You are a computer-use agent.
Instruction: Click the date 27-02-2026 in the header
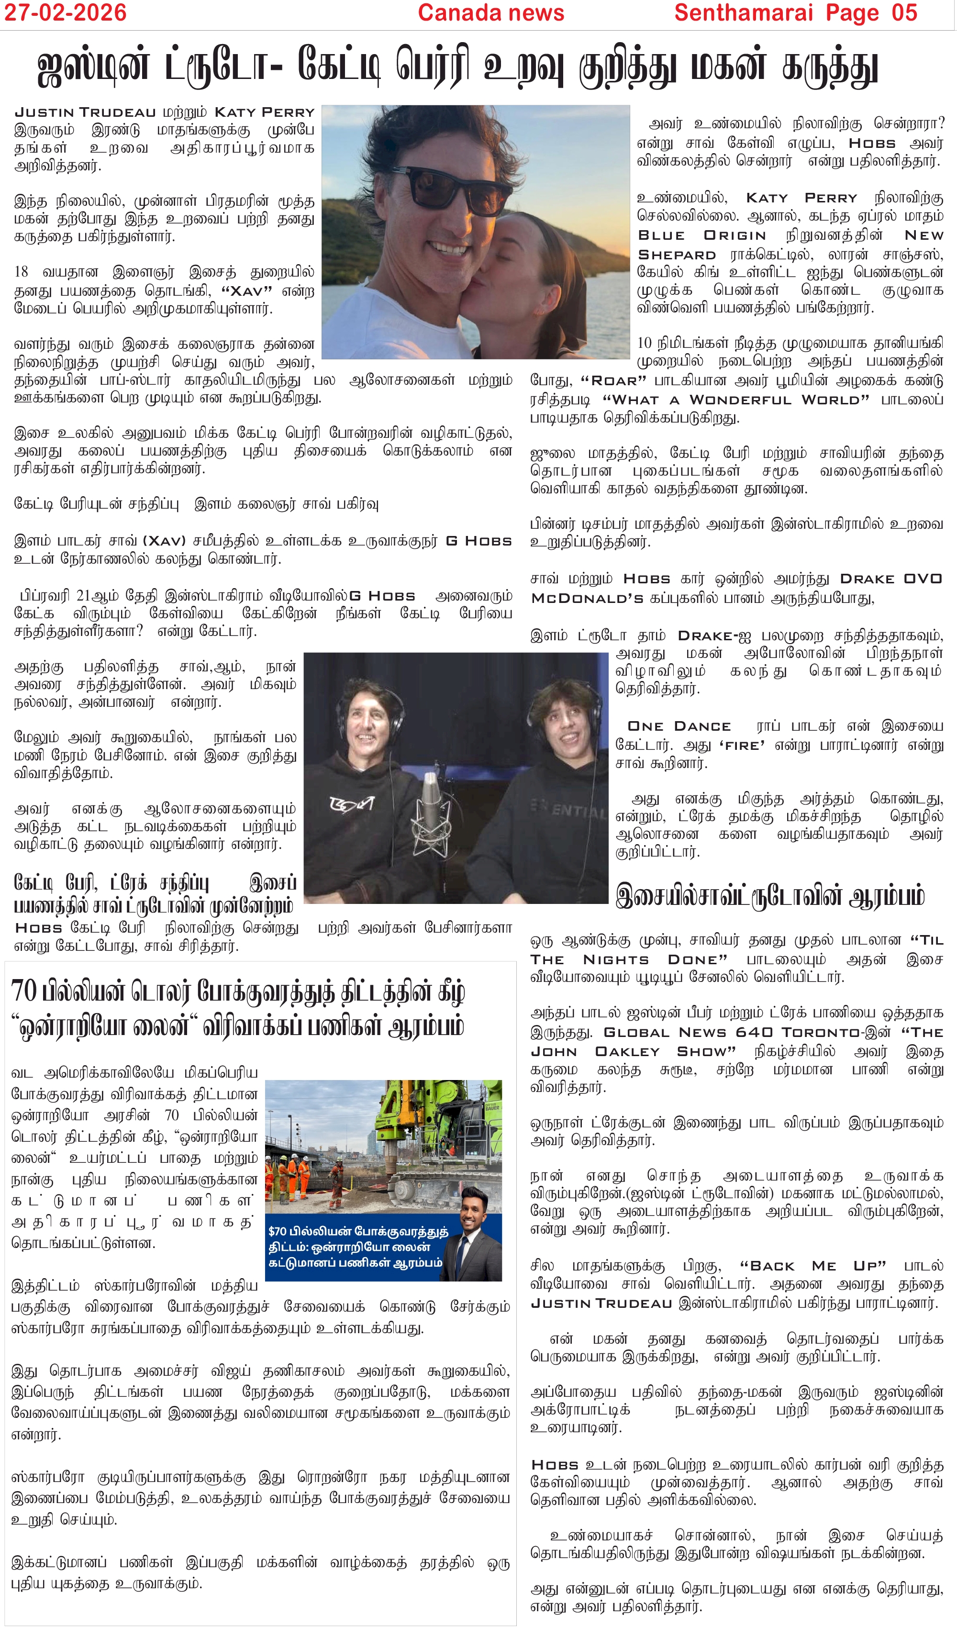(x=65, y=12)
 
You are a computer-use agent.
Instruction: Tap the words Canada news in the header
(x=491, y=12)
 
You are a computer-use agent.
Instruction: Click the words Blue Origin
(x=702, y=235)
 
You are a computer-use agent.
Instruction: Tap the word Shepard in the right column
(x=677, y=255)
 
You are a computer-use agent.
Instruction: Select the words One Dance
(x=679, y=726)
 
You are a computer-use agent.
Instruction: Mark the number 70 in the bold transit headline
(x=24, y=992)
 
